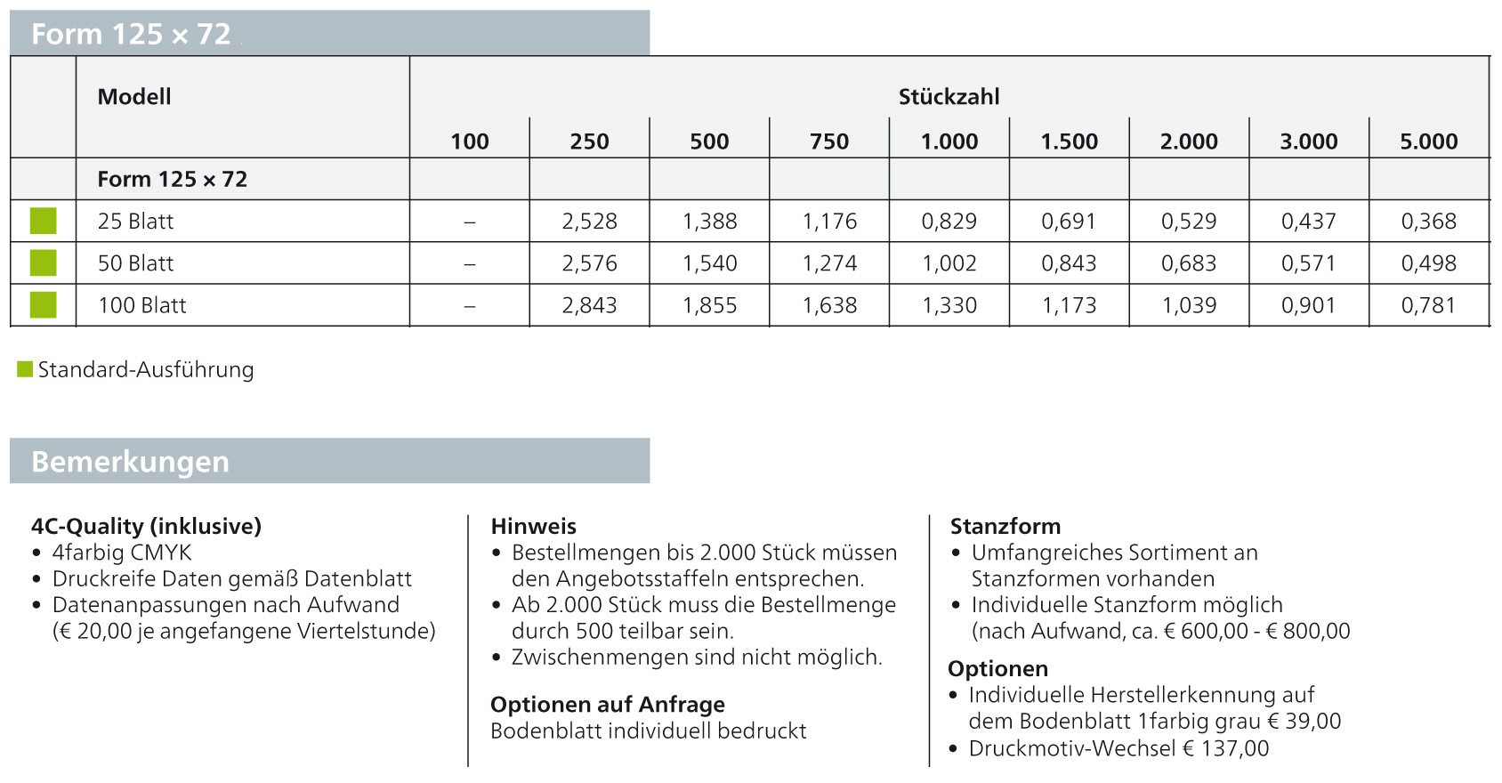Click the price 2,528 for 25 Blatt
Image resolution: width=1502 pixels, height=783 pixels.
589,222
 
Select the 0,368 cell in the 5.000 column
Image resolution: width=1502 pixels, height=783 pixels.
1428,222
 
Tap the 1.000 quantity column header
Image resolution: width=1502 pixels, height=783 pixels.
949,141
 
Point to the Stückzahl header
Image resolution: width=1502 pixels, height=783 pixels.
949,97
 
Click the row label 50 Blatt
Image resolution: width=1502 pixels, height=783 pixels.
135,263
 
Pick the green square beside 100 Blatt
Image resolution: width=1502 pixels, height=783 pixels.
43,305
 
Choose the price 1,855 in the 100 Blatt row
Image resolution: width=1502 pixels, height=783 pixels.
709,305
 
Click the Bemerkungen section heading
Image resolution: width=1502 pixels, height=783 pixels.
130,462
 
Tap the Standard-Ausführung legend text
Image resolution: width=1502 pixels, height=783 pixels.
146,369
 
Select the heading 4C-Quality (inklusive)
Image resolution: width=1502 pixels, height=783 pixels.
146,526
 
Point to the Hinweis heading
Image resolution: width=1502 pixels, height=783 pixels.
533,526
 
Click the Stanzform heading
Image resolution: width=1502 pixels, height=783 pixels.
1005,526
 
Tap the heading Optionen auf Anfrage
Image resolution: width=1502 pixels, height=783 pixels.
607,705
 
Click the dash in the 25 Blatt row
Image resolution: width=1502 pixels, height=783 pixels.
469,222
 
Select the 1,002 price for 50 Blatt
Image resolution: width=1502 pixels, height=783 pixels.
949,263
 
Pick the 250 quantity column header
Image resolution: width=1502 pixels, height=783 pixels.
589,141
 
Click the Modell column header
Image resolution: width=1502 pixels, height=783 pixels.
133,97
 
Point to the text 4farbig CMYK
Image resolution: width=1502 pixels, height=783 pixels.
122,553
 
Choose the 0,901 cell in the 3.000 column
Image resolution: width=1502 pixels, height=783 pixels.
1308,305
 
